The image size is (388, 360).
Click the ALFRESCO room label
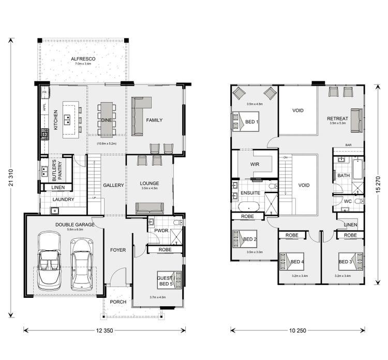point(83,60)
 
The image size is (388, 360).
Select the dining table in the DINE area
point(107,120)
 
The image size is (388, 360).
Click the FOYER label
point(118,250)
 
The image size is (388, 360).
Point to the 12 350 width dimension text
point(105,329)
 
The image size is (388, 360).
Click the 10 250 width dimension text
point(297,329)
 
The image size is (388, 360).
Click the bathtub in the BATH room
point(357,175)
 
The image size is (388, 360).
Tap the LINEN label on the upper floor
point(350,224)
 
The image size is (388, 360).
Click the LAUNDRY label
point(63,199)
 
